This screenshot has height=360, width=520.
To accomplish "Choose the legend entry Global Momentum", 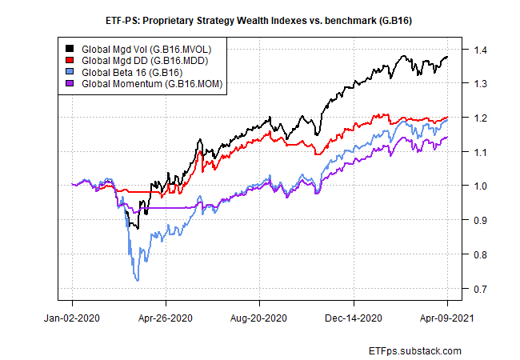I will coord(141,82).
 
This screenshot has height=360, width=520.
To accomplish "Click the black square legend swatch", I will coord(71,49).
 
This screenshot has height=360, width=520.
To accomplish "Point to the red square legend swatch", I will coord(71,60).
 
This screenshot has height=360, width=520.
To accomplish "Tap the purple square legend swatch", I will coord(71,82).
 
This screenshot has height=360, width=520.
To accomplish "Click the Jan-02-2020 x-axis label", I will coord(73,318).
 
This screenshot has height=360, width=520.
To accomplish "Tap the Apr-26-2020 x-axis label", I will coord(166,318).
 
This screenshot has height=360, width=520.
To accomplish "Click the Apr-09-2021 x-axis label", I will coord(446,318).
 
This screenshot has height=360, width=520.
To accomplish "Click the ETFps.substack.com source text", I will coord(416,350).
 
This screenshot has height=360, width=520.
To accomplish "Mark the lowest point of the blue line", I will coord(138,280).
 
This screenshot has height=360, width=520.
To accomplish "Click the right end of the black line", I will coord(447,57).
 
